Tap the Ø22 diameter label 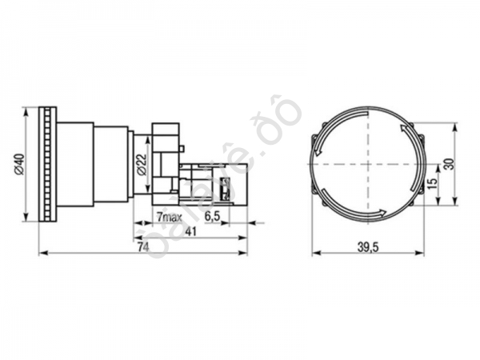(x=142, y=164)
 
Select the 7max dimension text (x=168, y=217)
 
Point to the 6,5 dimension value (x=213, y=217)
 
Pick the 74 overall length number (x=142, y=248)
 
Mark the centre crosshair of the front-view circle (x=365, y=164)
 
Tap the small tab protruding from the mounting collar (x=183, y=148)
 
